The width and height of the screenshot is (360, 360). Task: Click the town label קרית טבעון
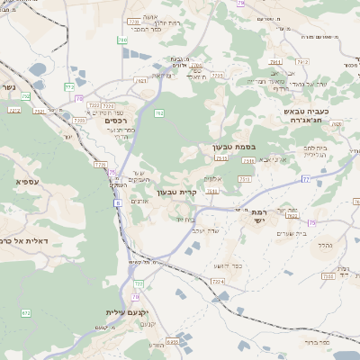[x=169, y=192]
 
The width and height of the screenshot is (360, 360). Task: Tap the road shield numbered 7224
[x=217, y=282]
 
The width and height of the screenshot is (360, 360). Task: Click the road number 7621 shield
[x=141, y=81]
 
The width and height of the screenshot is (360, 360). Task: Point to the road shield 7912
[x=302, y=62]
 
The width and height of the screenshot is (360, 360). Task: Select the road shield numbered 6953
[x=172, y=341]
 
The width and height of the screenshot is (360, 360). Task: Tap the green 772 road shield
[x=69, y=86]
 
